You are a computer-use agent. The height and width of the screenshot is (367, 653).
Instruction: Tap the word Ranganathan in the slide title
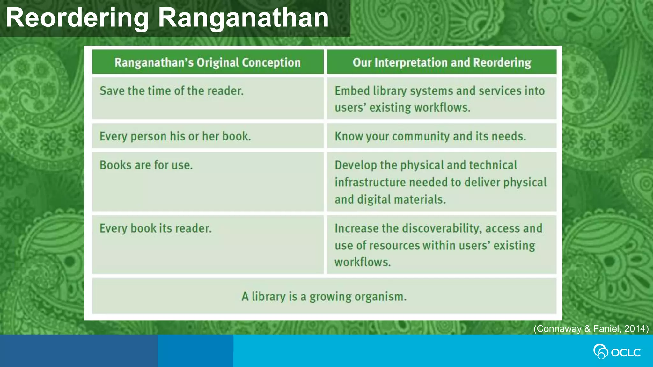(243, 18)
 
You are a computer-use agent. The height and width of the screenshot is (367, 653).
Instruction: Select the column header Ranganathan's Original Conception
(208, 62)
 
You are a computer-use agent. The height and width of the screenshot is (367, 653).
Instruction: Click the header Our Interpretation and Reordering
(442, 62)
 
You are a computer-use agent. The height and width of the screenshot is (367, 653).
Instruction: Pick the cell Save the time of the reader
(172, 91)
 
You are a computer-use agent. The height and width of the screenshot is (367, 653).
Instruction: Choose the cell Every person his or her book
(175, 136)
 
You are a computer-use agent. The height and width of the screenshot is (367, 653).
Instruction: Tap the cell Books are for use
(146, 165)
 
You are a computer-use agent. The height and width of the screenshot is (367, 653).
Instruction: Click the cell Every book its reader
(155, 228)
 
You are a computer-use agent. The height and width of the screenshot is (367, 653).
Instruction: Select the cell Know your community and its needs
(430, 136)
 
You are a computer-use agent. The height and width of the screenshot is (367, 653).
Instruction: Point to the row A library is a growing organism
(324, 297)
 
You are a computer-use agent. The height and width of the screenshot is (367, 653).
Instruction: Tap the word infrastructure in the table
(370, 183)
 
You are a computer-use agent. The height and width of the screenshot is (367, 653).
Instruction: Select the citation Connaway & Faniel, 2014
(591, 328)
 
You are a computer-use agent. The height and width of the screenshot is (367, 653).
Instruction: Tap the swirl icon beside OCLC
(600, 352)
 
